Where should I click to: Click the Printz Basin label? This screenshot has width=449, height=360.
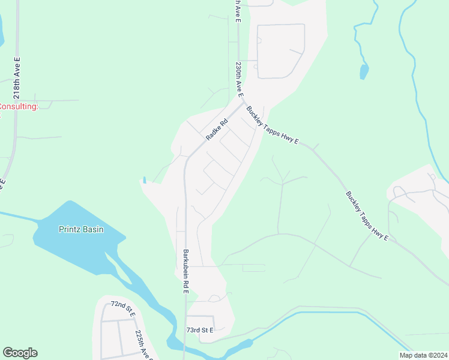coord(81,229)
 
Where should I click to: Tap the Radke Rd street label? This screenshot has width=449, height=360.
coord(217,129)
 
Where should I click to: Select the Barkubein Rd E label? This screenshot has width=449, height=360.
coord(185,271)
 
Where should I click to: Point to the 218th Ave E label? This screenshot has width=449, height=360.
coord(17,79)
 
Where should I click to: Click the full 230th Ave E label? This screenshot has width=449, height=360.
coord(239,80)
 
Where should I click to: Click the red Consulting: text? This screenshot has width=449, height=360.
coord(18,107)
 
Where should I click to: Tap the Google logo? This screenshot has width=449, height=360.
coord(20,353)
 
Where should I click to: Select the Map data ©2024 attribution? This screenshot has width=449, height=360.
coord(423,355)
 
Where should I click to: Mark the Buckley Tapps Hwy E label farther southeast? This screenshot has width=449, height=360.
coord(367,216)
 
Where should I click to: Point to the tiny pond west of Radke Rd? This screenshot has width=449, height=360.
coord(144,179)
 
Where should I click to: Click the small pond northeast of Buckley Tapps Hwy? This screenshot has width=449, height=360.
coord(364,71)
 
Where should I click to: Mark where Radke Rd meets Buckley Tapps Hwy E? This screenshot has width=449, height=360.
coord(243,103)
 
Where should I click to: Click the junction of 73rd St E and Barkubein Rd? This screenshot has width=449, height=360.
coord(185,316)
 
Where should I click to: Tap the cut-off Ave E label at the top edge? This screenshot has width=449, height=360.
coord(238,11)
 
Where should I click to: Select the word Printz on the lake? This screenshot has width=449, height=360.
coord(70,229)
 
